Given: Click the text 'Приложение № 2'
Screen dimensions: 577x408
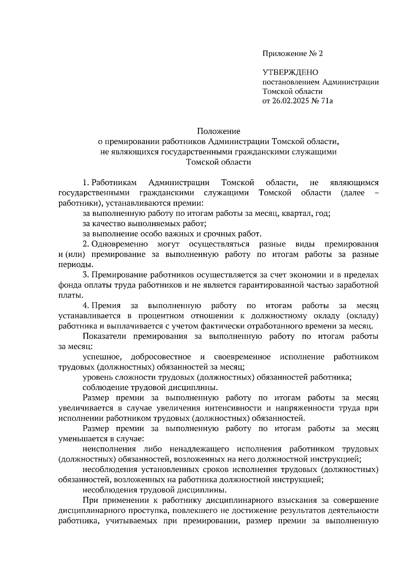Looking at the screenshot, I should [x=292, y=54].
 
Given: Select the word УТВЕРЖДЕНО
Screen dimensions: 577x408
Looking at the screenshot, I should [x=290, y=72].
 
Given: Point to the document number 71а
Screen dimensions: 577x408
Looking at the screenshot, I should [x=326, y=101].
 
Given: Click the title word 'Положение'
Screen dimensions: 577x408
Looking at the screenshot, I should [x=219, y=131].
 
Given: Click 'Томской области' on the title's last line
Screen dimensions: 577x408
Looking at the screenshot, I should [x=219, y=162].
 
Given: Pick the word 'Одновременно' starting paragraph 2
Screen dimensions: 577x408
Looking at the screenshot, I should [x=120, y=244].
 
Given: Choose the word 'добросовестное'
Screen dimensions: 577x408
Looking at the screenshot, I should [x=160, y=357].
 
